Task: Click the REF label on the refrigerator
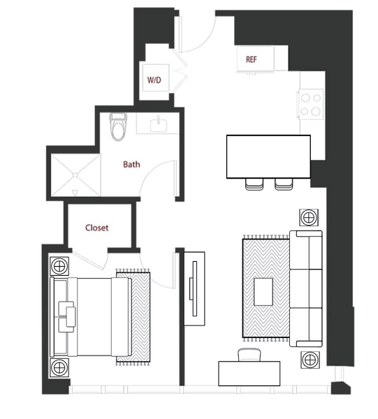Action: click(252, 59)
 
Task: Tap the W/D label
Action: click(154, 80)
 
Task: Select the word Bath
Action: click(131, 164)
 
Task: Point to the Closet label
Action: click(97, 228)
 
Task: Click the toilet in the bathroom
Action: click(118, 126)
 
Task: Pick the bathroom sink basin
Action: click(159, 125)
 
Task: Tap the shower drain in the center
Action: click(75, 175)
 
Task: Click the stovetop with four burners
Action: click(311, 104)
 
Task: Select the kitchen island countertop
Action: click(268, 156)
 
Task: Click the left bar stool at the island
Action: click(254, 184)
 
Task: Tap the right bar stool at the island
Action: click(284, 184)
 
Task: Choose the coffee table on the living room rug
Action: click(263, 292)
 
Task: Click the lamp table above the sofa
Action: click(309, 217)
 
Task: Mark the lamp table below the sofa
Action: click(310, 360)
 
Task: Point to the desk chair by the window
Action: click(249, 355)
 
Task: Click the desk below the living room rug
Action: click(249, 374)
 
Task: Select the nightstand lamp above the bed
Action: click(59, 266)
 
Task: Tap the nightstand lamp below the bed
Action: click(59, 368)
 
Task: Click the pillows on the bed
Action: click(67, 317)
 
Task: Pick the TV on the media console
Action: click(194, 288)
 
